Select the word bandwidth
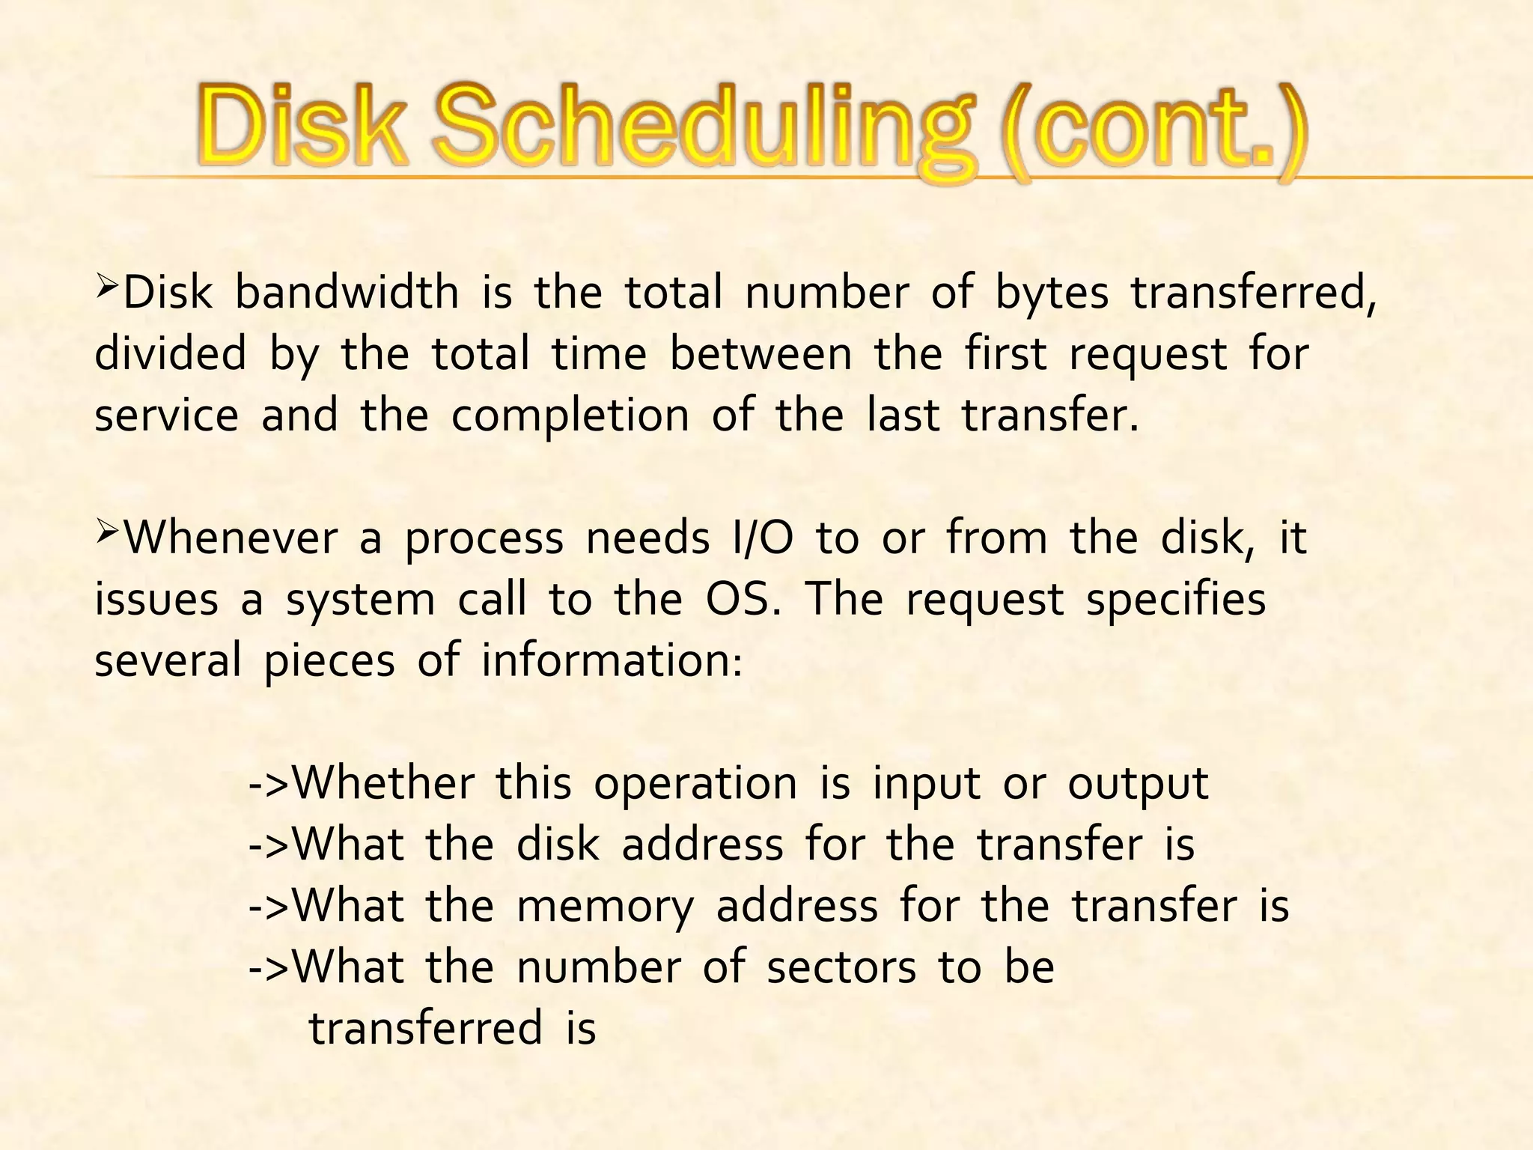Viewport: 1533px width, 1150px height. coord(347,293)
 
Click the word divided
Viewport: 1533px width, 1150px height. coord(170,354)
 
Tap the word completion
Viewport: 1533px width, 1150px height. coord(570,417)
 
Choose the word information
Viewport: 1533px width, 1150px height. coord(612,661)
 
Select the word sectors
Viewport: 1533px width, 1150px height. coord(841,968)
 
